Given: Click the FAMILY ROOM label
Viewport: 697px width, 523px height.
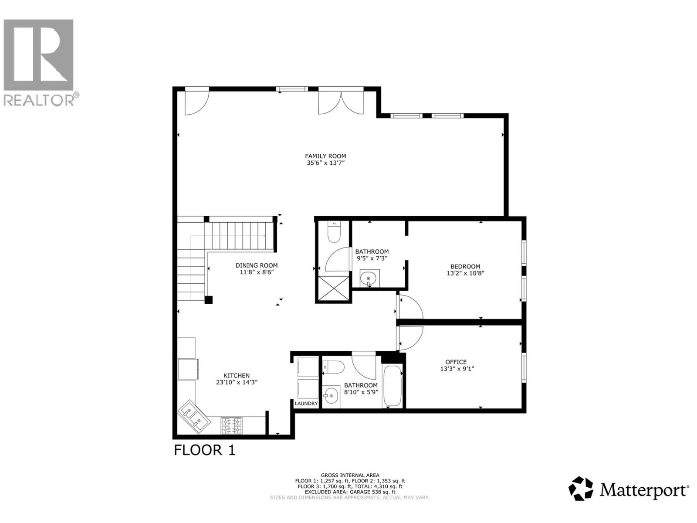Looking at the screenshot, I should tap(325, 156).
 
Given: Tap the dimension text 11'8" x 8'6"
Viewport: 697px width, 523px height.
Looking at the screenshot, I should tap(257, 272).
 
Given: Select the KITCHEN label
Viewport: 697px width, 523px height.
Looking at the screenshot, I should tap(237, 375).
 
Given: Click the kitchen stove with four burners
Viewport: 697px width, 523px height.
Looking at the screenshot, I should tap(231, 426).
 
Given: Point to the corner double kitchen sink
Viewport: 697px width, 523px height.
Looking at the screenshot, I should tap(194, 416).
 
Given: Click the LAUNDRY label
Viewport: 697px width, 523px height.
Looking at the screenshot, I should tap(306, 404).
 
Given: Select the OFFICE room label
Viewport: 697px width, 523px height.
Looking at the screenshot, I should tap(456, 362).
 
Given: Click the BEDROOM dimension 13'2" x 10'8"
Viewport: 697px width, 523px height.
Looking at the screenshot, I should tap(465, 274).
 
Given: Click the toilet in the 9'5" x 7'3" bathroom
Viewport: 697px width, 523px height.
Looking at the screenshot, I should tap(334, 232).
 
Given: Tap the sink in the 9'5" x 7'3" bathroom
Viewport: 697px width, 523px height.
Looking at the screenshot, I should tap(370, 278).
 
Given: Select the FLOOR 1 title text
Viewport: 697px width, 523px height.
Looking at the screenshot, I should tap(204, 450).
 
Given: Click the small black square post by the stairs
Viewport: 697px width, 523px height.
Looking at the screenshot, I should tap(209, 300).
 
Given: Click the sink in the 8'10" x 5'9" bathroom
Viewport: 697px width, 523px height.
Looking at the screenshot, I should tap(332, 396).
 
